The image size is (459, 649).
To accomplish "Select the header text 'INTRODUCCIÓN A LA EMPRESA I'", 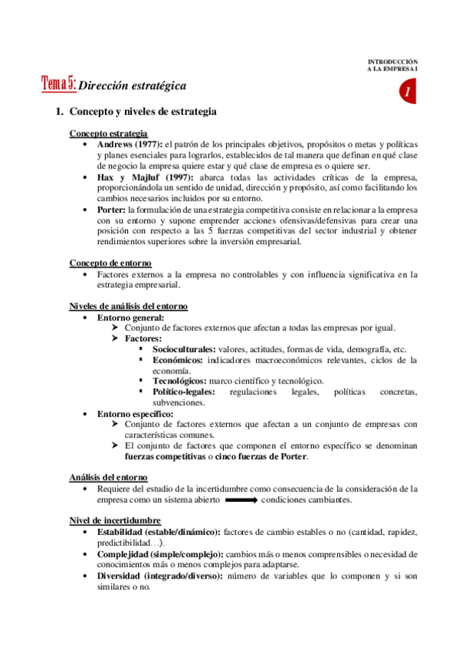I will pos(394,65).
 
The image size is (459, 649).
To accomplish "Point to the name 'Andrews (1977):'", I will pos(130,144).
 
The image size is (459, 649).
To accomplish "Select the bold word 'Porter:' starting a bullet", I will pos(112,210).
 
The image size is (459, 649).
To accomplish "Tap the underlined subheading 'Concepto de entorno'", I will pos(110,263).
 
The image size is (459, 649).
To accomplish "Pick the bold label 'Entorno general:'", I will pos(130,318).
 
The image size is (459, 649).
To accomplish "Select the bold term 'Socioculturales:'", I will pos(183,349).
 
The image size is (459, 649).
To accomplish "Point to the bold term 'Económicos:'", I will pos(177,360).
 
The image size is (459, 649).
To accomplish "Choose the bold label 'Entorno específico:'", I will pos(135,414).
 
